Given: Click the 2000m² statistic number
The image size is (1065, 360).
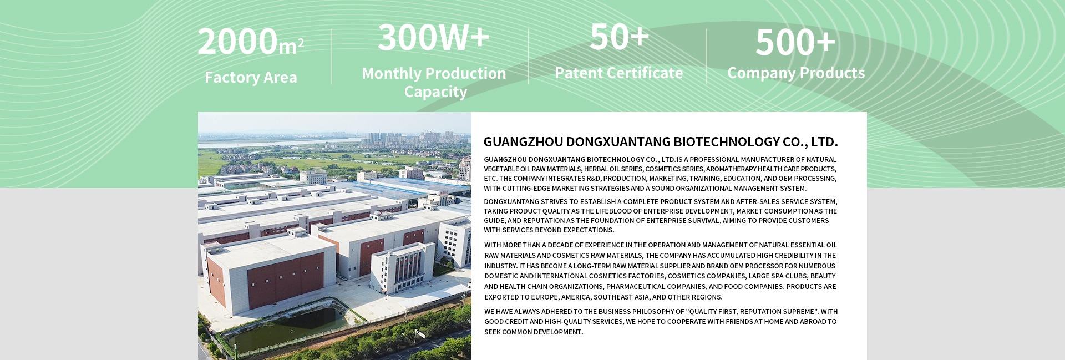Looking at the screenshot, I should click(250, 42).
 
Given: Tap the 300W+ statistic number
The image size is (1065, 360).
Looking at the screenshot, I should click(433, 37).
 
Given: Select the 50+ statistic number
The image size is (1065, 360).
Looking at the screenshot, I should click(619, 37).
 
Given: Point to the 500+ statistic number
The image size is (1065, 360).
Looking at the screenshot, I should click(795, 42).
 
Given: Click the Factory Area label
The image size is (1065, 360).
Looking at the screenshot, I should click(251, 77).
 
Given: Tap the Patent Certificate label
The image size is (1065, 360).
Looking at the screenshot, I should click(618, 73).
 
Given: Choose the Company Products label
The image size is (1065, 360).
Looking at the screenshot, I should click(795, 73).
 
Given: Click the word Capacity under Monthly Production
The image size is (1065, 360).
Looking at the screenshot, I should click(435, 92).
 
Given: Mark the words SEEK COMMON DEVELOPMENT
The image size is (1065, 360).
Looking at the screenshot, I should click(533, 332).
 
